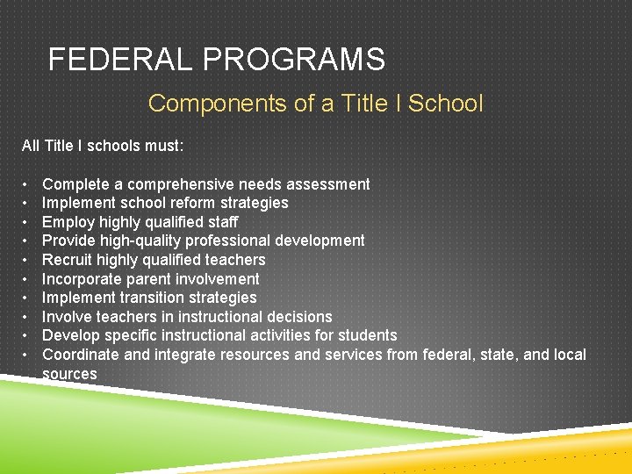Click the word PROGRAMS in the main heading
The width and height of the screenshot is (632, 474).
point(294,60)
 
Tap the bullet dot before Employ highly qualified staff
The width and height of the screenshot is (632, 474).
point(26,222)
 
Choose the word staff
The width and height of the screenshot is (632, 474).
point(220,222)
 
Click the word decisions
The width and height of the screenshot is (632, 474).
point(299,317)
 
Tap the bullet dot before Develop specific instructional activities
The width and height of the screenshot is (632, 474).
point(26,335)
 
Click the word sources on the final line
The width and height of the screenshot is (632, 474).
point(69,374)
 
